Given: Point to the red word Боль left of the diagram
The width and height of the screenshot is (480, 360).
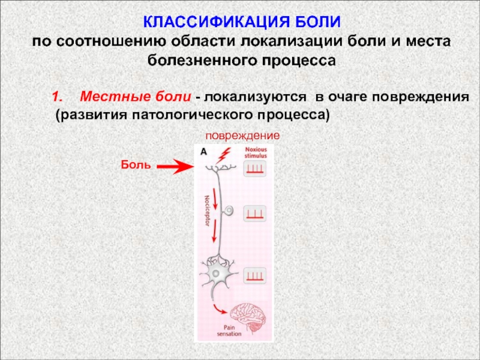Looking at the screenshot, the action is click(134, 164).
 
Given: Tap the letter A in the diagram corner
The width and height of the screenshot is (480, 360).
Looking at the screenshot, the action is click(203, 152).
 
